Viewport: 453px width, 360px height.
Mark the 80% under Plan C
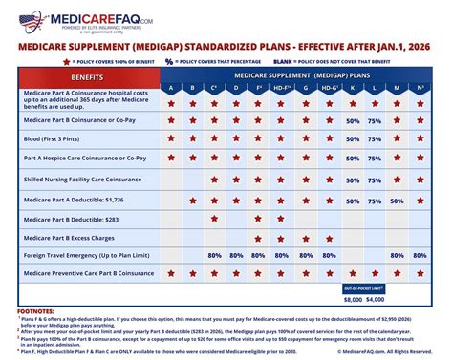point(214,255)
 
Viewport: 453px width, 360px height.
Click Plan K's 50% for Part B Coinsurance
point(353,122)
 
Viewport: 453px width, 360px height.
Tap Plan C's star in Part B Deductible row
point(214,218)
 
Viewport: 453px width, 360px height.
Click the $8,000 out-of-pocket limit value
point(353,299)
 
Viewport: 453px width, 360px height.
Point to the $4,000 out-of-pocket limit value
point(375,299)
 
